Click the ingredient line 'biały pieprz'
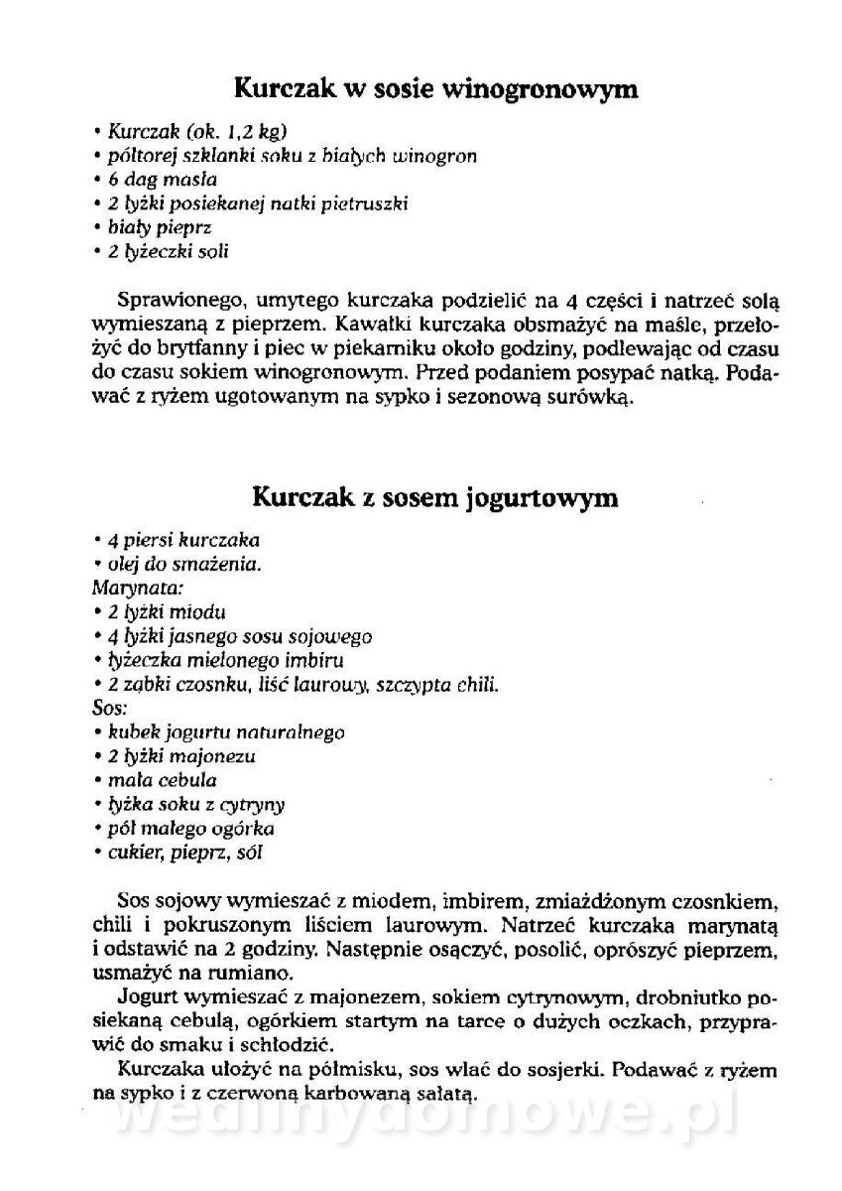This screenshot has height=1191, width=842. pyautogui.click(x=160, y=227)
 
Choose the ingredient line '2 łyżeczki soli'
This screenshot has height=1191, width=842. pyautogui.click(x=168, y=252)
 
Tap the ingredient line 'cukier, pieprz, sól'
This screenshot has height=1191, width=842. pyautogui.click(x=184, y=852)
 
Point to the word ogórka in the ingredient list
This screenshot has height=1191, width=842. pyautogui.click(x=247, y=828)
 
